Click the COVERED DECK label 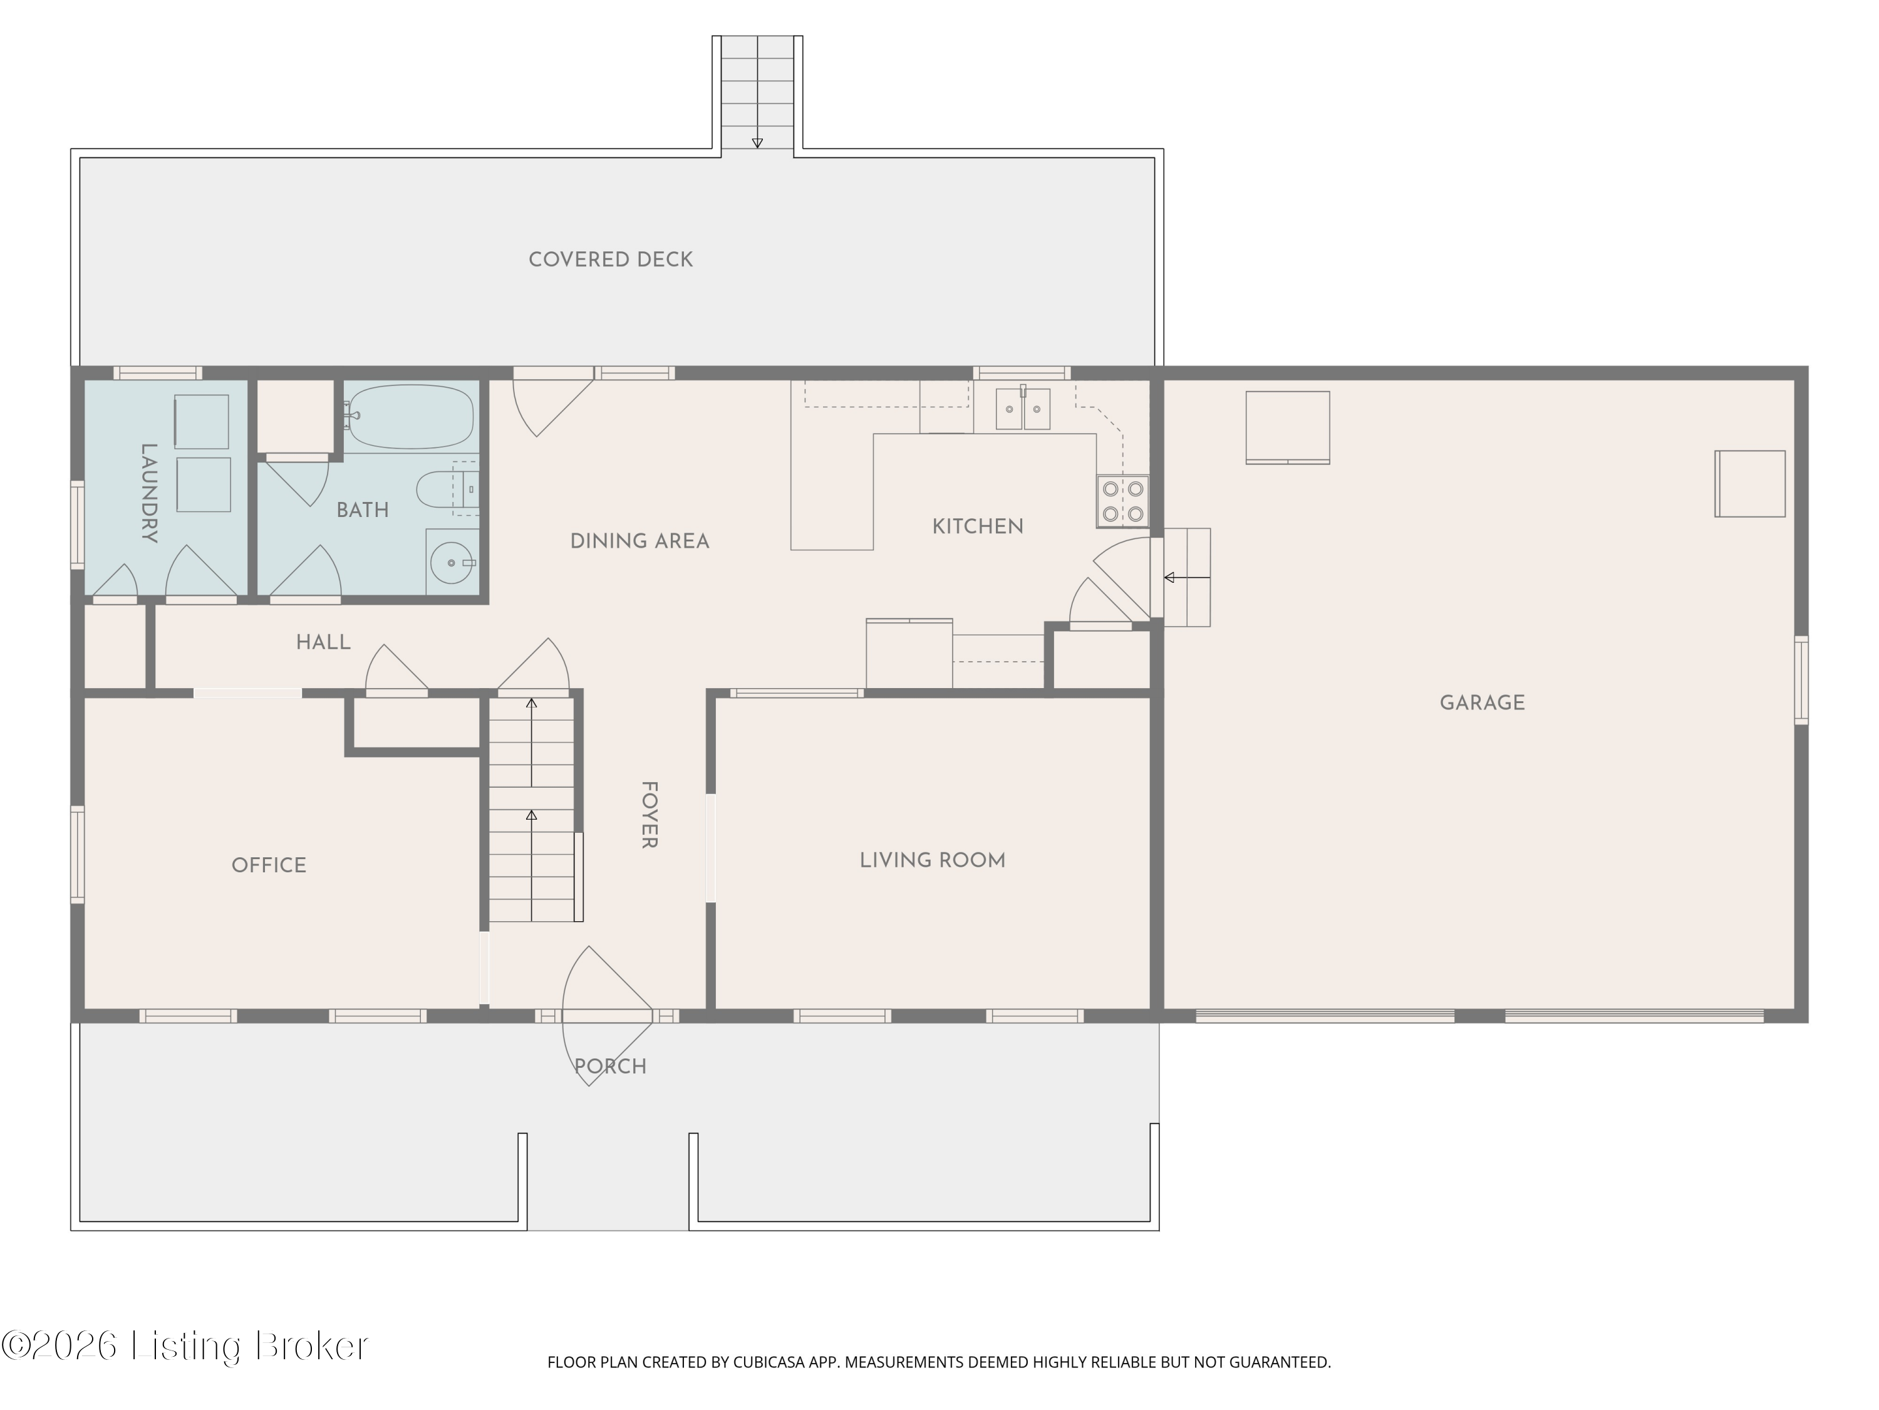coord(611,260)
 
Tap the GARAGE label coord(1483,703)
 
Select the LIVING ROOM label coord(933,860)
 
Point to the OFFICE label coord(269,865)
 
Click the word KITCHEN coord(978,527)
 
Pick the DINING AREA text coord(639,541)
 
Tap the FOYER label coord(649,815)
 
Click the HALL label coord(323,642)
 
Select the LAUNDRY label coord(148,493)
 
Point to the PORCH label coord(610,1067)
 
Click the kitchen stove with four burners coord(1123,501)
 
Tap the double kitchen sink coord(1023,409)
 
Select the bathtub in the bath coord(410,417)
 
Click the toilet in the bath coord(447,489)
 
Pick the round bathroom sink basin coord(451,561)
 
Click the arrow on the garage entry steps coord(1187,578)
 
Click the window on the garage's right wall coord(1801,680)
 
